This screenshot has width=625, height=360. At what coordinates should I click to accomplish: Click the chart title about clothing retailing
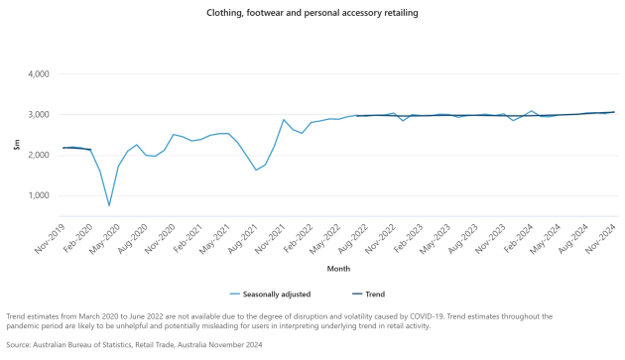tap(312, 13)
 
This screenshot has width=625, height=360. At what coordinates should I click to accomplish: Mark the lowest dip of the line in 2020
tap(109, 205)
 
